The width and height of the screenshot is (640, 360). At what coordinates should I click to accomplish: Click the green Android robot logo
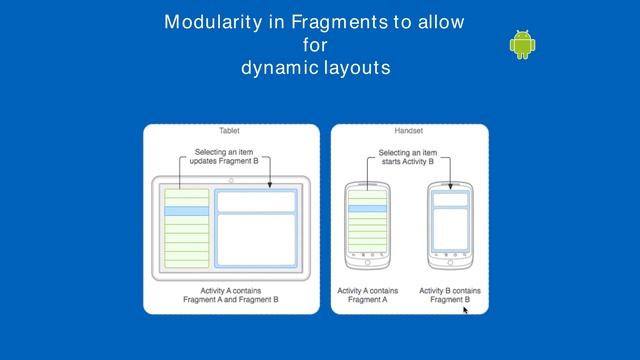tap(522, 44)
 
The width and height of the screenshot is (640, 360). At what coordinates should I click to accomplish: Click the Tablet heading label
tap(230, 131)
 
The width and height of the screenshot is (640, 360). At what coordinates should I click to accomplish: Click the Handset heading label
tap(409, 131)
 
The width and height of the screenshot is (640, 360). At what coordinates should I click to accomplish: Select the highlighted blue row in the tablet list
tap(186, 211)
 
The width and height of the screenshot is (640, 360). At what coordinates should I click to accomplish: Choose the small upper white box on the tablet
tap(256, 202)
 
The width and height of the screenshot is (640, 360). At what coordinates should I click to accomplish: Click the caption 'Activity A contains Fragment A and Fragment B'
tap(230, 295)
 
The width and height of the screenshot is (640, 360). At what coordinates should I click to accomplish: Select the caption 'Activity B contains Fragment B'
tap(450, 295)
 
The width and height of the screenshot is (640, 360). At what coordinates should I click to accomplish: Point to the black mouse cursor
tap(465, 310)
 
